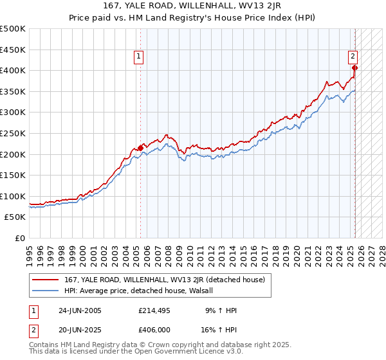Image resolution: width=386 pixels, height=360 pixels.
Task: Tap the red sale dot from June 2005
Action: pyautogui.click(x=140, y=148)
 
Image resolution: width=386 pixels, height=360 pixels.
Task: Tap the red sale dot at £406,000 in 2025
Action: pyautogui.click(x=354, y=67)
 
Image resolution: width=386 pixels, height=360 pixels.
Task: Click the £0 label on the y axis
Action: pyautogui.click(x=20, y=239)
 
